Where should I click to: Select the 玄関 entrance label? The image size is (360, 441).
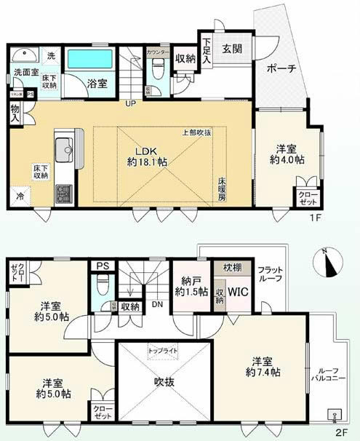coord(233,49)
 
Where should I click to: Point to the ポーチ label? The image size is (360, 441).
coord(281,70)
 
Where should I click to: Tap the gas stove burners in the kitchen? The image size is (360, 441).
coord(63,194)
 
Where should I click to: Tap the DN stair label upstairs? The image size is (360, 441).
coord(156,305)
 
